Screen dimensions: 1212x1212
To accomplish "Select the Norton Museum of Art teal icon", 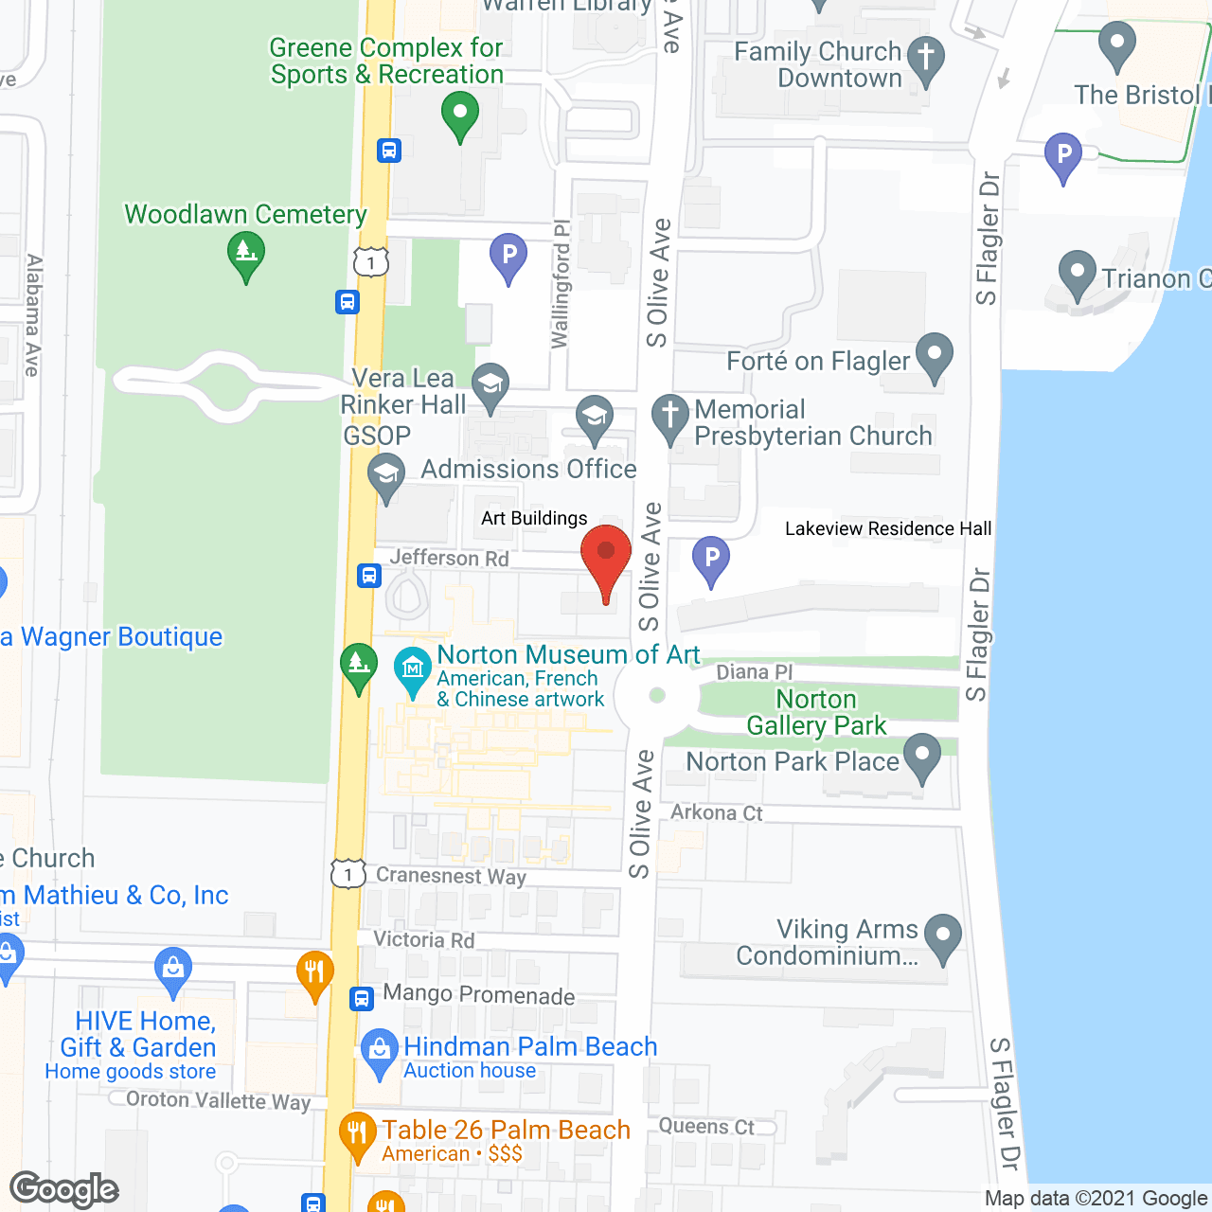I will pos(413,670).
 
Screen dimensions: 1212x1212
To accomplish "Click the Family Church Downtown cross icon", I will pos(926,59).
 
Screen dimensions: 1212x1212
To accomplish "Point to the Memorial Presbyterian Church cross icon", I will pos(670,417).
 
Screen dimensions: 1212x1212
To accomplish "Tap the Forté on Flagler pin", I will pos(935,356).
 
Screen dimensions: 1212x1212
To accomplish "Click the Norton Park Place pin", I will pos(922,757).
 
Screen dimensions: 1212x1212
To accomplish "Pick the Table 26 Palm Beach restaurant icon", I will pos(357,1133).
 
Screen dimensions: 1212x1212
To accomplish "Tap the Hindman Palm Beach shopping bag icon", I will pos(380,1051).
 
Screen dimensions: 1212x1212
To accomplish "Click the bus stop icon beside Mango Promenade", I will pos(362,998).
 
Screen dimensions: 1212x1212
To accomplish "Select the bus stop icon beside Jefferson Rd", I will pos(369,575).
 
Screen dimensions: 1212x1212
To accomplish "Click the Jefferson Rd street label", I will pos(449,558).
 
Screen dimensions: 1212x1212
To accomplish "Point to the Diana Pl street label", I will pos(754,672).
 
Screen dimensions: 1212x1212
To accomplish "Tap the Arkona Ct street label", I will pos(716,812).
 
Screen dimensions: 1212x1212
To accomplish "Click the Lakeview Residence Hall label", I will pos(888,528).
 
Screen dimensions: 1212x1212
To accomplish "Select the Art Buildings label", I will pos(534,518).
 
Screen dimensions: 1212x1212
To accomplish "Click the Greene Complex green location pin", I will pos(460,116).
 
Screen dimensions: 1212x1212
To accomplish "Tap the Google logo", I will pos(64,1189).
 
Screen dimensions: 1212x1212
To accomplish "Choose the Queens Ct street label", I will pos(706,1126).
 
